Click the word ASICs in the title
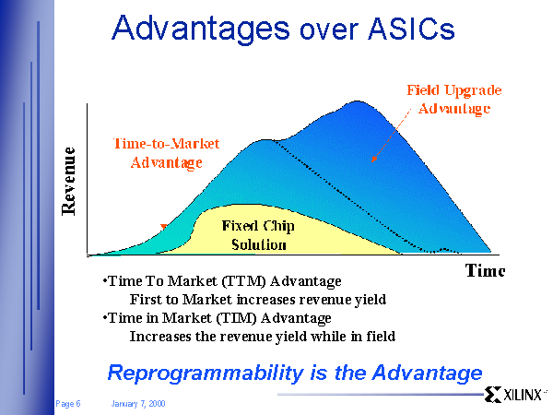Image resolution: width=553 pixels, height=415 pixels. (x=411, y=28)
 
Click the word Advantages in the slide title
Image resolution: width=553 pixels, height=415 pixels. (x=200, y=30)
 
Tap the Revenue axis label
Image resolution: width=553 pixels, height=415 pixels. (x=68, y=182)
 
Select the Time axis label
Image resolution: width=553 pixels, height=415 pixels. (x=486, y=270)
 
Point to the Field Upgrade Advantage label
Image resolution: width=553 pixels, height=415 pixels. (x=454, y=100)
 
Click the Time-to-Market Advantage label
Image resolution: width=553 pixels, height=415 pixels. (x=167, y=153)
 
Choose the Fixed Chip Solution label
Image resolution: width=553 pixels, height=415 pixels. (x=258, y=235)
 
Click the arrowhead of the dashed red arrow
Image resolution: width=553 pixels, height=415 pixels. (x=374, y=160)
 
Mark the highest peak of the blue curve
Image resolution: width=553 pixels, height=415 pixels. (x=358, y=101)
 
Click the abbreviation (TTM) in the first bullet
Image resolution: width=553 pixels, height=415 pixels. (x=244, y=281)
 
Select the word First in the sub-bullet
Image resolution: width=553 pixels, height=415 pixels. (x=146, y=300)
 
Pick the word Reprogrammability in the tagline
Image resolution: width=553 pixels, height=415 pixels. (x=206, y=373)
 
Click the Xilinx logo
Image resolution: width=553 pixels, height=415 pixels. (x=514, y=395)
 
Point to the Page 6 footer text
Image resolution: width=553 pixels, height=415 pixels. (x=68, y=403)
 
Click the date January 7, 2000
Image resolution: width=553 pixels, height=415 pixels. (x=138, y=403)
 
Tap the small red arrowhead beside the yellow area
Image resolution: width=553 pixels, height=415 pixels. (x=164, y=227)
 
